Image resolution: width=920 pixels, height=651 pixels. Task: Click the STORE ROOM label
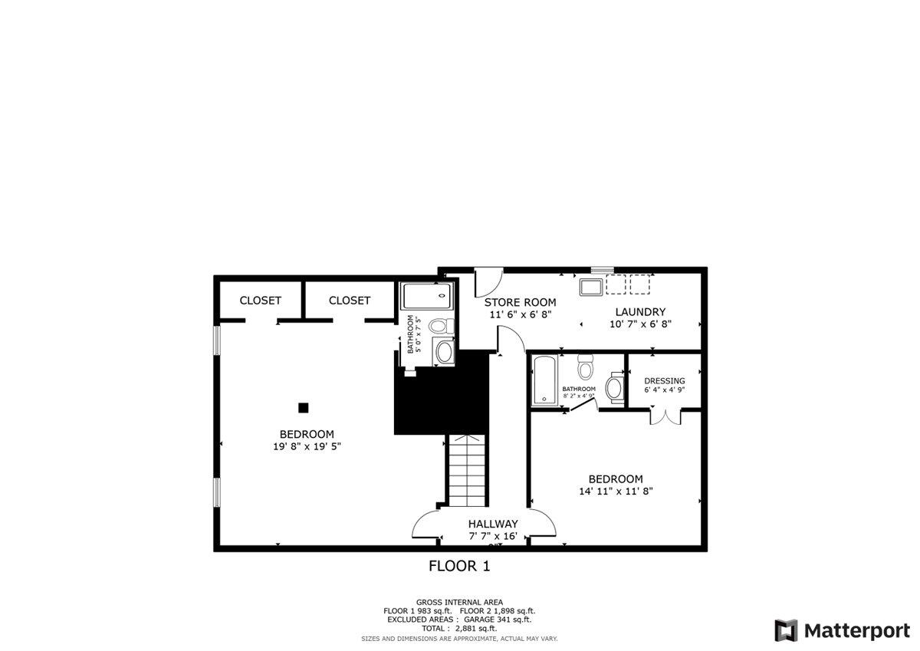click(520, 302)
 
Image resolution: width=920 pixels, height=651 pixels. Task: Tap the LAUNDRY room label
click(640, 312)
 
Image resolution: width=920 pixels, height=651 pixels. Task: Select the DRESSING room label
click(664, 381)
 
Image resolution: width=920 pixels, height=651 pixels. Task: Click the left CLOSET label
click(260, 301)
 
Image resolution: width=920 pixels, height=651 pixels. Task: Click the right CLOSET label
click(350, 301)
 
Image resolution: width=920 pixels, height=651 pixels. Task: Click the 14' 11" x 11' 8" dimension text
click(616, 492)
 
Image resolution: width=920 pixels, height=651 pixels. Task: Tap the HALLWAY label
click(493, 524)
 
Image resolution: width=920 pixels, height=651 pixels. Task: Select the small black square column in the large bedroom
click(304, 407)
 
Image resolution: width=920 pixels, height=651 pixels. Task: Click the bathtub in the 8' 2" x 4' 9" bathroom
click(544, 380)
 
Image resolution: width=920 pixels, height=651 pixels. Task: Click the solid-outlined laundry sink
click(590, 287)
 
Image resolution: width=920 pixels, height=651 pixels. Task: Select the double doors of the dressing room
click(664, 417)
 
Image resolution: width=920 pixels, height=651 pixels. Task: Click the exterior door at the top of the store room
click(488, 281)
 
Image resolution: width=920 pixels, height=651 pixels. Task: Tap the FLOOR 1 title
click(458, 567)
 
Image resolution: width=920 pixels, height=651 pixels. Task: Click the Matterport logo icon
click(786, 630)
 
